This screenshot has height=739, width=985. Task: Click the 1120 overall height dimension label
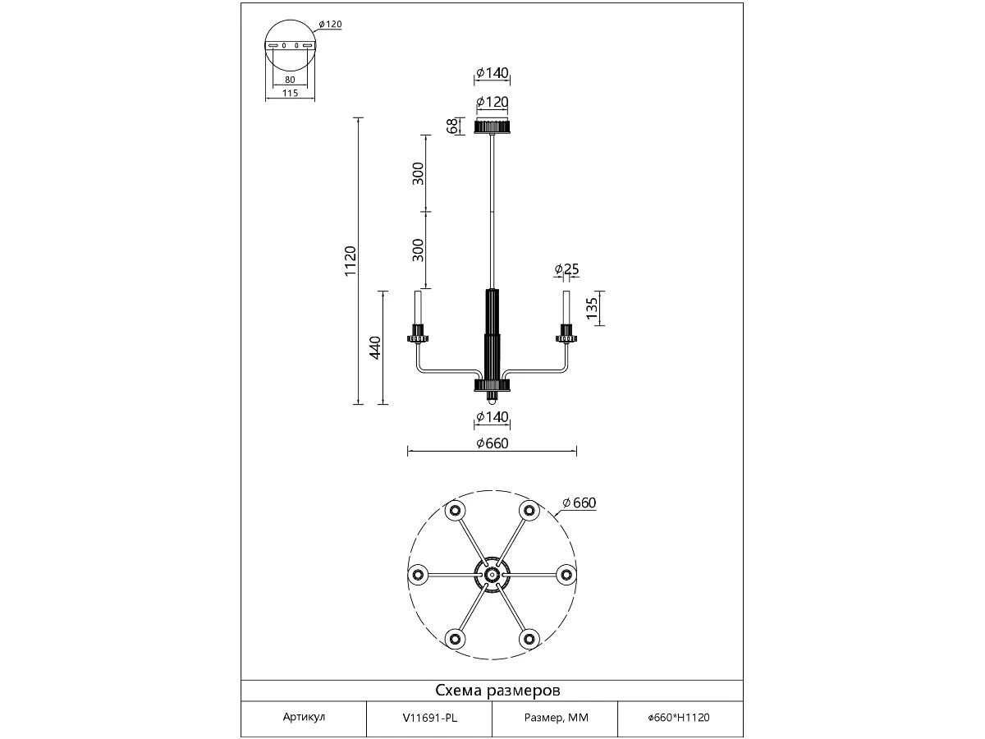pos(350,261)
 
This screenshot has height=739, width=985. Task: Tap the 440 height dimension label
pos(375,347)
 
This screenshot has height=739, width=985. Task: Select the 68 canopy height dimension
pos(452,126)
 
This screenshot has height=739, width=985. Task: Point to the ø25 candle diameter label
pos(566,269)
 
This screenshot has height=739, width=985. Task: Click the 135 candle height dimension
pos(593,308)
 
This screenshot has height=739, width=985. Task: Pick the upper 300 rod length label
pos(418,173)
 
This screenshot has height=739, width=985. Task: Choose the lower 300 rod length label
pos(418,250)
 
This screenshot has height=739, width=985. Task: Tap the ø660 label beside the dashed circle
pos(579,503)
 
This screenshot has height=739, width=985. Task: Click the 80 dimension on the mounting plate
pos(290,80)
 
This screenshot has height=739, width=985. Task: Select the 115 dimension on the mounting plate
pos(290,93)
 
